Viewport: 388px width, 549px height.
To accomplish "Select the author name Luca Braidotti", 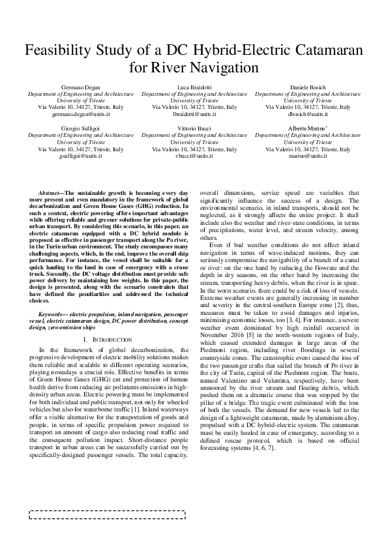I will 194,86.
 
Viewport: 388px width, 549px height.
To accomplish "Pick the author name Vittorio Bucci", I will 194,128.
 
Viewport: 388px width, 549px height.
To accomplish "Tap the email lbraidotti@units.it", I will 194,113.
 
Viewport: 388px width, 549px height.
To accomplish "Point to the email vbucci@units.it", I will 194,156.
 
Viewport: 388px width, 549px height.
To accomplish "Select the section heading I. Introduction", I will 109,340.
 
